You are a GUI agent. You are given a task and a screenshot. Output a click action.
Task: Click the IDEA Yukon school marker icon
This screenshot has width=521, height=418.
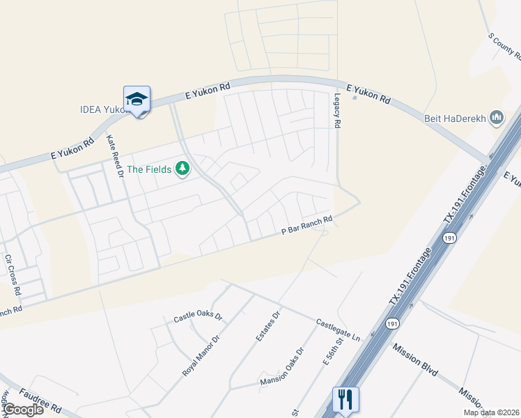pos(137,100)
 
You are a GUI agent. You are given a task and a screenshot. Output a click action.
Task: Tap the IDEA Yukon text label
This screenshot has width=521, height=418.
pos(102,109)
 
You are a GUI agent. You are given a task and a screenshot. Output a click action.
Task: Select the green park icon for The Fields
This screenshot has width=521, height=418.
pos(182,168)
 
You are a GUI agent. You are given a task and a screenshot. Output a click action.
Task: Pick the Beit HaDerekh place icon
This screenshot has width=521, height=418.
pos(497,118)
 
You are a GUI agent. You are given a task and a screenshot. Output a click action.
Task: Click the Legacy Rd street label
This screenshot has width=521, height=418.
pos(337,110)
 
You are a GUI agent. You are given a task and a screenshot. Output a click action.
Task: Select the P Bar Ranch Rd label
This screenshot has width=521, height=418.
pos(306,225)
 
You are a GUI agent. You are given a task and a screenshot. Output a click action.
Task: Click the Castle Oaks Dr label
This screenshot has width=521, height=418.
pos(197,318)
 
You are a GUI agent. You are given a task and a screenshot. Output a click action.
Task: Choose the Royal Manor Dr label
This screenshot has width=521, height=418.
pos(201,355)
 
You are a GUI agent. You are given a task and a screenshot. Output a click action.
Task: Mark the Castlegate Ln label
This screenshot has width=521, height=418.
pos(338,330)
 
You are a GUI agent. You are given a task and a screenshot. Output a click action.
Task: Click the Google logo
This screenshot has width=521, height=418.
pos(22,409)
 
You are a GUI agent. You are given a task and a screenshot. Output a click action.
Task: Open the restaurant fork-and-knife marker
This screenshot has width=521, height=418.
pos(345,400)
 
